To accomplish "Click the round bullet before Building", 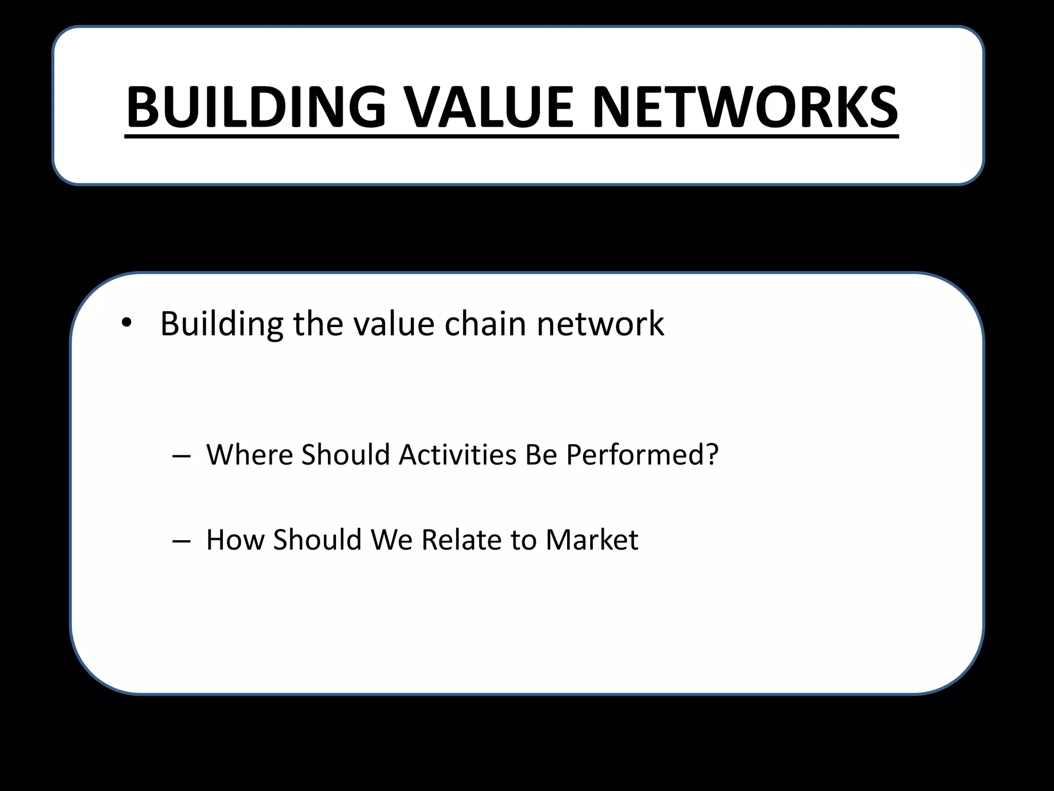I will (x=126, y=324).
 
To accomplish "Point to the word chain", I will (x=485, y=324).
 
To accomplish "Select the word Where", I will (x=250, y=455).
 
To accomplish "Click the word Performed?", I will (x=642, y=455).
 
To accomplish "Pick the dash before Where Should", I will (x=181, y=456).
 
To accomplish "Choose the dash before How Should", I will (x=181, y=541).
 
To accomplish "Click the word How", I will (x=235, y=540).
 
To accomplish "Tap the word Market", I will (x=591, y=540).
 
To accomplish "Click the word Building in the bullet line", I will (x=222, y=324).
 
